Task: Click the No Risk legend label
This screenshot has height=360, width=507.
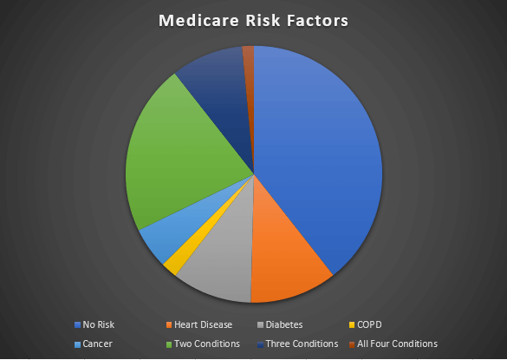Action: pyautogui.click(x=99, y=324)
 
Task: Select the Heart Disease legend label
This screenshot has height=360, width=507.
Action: pyautogui.click(x=203, y=324)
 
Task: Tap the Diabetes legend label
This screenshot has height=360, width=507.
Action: pyautogui.click(x=284, y=324)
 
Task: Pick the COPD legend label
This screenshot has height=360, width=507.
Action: pyautogui.click(x=369, y=324)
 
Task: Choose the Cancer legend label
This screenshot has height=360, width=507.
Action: pyautogui.click(x=97, y=344)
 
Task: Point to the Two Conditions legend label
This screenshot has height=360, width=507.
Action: pyautogui.click(x=207, y=344)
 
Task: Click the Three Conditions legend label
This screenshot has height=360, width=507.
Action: pyautogui.click(x=302, y=344)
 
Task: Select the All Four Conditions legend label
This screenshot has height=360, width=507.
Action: pyautogui.click(x=397, y=344)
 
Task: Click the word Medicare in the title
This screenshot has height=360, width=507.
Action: pyautogui.click(x=198, y=21)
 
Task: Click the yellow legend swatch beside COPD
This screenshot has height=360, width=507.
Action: pyautogui.click(x=352, y=325)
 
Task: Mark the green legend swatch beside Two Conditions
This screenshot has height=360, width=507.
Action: pyautogui.click(x=169, y=344)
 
